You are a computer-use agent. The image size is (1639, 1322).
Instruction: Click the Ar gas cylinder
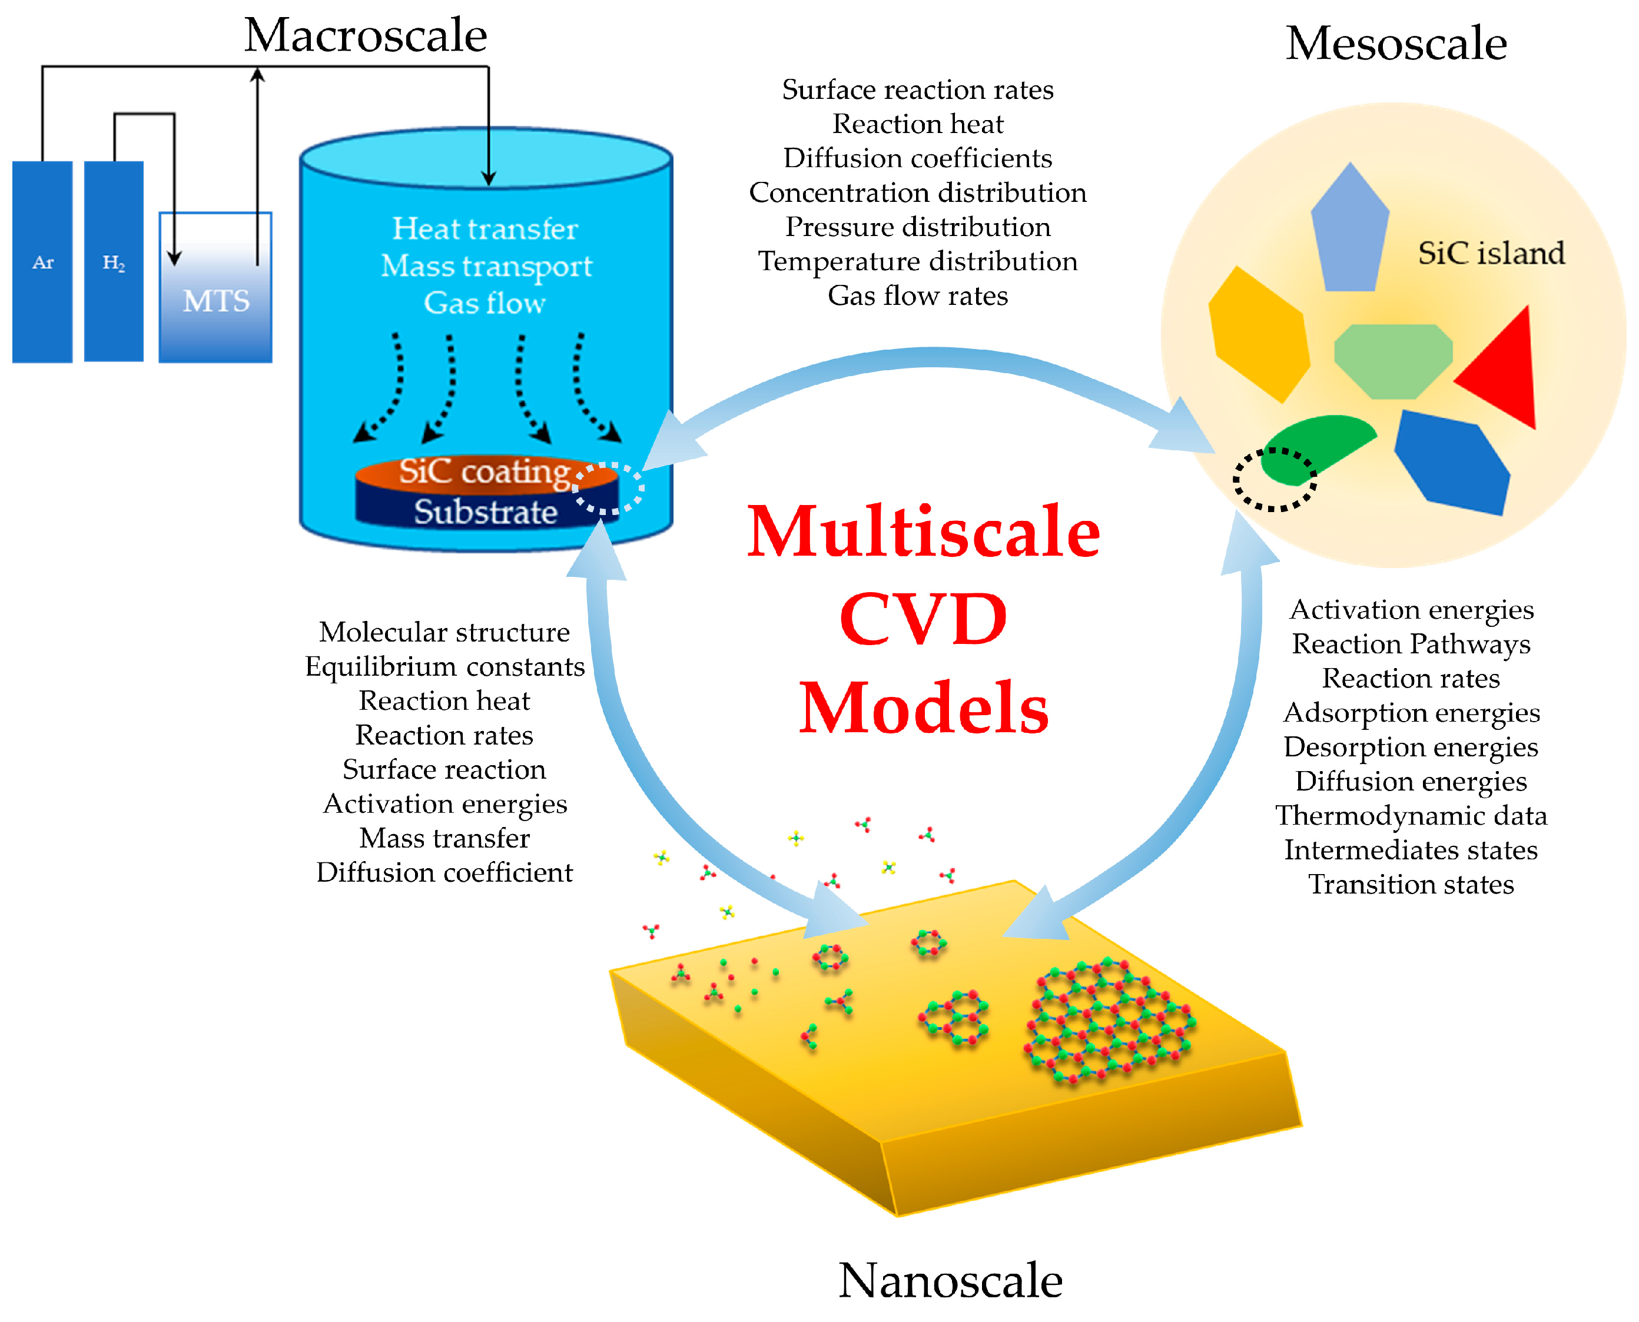[42, 261]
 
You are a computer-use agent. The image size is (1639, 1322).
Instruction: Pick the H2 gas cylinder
[114, 261]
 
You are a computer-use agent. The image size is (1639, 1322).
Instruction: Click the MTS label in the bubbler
[216, 301]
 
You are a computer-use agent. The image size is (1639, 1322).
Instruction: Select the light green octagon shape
[1393, 360]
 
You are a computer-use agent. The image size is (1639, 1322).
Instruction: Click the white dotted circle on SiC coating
[609, 488]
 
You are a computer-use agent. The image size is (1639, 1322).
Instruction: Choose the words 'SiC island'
[1491, 253]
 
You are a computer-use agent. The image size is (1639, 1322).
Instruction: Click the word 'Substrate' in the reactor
[485, 511]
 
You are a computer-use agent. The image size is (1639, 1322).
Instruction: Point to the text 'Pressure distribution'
[918, 227]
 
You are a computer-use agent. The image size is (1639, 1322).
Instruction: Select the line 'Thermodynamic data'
[1411, 816]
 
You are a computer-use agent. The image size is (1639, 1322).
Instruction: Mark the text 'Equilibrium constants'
[445, 666]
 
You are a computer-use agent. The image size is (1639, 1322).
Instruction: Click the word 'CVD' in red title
[923, 619]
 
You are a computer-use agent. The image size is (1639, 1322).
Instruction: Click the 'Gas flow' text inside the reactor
[485, 303]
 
